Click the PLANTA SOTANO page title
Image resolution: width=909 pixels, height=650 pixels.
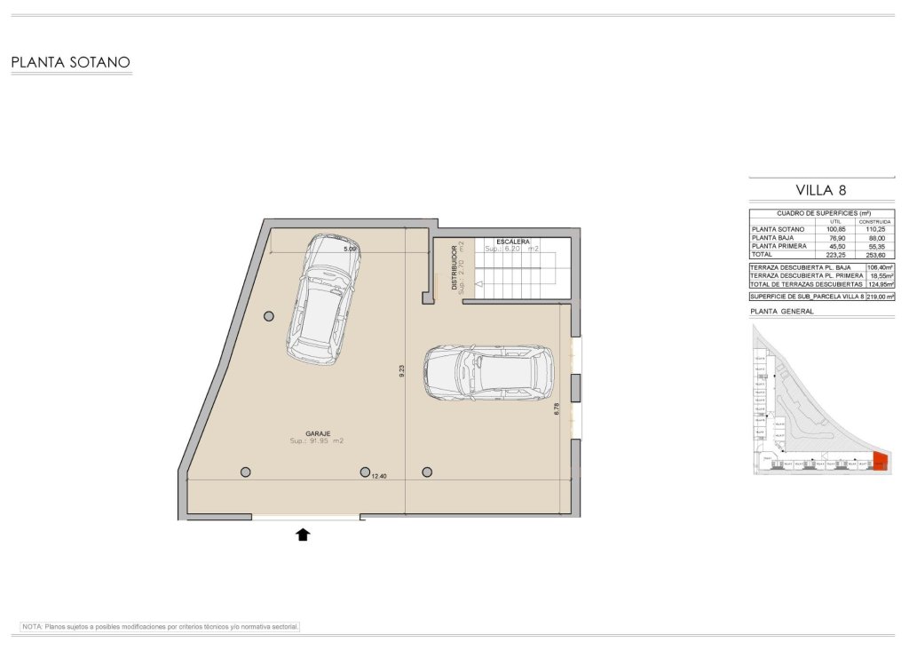pyautogui.click(x=71, y=62)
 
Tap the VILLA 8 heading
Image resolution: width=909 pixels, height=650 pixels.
pyautogui.click(x=821, y=190)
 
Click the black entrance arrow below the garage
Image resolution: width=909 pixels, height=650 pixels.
pyautogui.click(x=303, y=534)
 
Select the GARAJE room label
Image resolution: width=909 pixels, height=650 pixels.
pyautogui.click(x=319, y=433)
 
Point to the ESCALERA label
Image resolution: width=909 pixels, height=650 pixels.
pyautogui.click(x=513, y=242)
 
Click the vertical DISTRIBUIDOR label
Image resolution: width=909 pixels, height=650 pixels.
pyautogui.click(x=454, y=268)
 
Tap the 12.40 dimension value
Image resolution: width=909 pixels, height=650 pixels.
pyautogui.click(x=379, y=477)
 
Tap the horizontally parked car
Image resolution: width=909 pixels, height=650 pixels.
pyautogui.click(x=488, y=373)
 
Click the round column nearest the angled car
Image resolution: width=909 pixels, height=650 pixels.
pyautogui.click(x=269, y=315)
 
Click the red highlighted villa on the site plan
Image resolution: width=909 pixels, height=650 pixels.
pyautogui.click(x=880, y=461)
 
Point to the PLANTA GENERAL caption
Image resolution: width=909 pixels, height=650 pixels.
pyautogui.click(x=782, y=312)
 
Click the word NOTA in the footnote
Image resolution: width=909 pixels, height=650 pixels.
pyautogui.click(x=33, y=626)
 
